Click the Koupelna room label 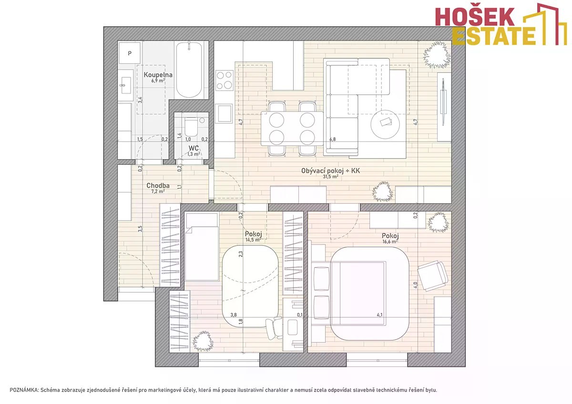pos(158,75)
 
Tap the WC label pos(194,148)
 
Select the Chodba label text pos(158,185)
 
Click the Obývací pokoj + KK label pos(330,171)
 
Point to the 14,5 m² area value pos(253,240)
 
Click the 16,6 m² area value pos(390,242)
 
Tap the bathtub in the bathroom pos(189,70)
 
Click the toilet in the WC pos(191,127)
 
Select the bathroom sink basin pos(126,85)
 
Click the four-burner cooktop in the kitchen pos(225,81)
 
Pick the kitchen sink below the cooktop pos(225,113)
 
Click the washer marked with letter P pos(130,53)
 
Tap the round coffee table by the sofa pos(385,124)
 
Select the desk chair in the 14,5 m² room pos(274,328)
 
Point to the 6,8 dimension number pos(333,139)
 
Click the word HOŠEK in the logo pos(474,17)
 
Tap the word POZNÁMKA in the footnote pos(24,390)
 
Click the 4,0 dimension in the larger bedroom pos(416,285)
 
